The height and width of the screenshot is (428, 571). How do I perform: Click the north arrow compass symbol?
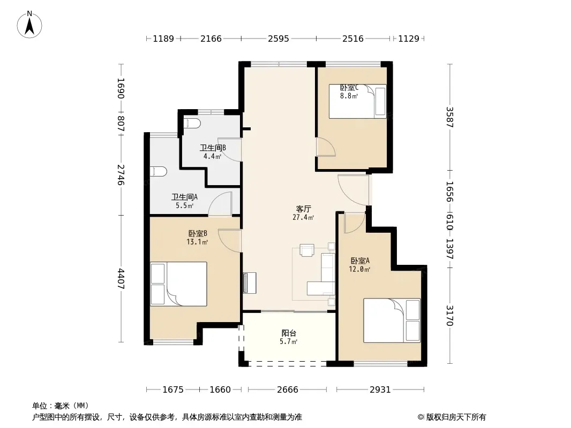tap(29, 25)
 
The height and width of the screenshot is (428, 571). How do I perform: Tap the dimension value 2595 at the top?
tap(279, 39)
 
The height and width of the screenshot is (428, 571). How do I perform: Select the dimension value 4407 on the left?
tap(121, 279)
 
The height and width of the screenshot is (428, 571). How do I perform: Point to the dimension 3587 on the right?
tap(450, 117)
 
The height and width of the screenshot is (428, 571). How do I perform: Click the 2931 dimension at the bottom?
tap(380, 390)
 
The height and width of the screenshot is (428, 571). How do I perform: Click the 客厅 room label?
tap(303, 209)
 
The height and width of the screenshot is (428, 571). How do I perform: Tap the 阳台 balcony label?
tap(289, 333)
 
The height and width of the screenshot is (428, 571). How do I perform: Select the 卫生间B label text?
tap(213, 148)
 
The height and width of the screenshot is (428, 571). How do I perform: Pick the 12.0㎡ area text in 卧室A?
tap(360, 270)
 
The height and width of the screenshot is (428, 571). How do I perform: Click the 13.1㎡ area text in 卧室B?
tap(197, 242)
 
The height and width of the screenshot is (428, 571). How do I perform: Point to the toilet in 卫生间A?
tap(159, 171)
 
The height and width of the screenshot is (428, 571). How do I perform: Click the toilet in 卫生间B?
tap(192, 123)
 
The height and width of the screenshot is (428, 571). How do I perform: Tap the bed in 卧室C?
tap(358, 102)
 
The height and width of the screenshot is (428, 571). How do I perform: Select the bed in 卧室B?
tap(178, 284)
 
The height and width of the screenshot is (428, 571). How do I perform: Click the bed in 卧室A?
tap(392, 320)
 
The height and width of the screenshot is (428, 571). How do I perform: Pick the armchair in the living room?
tap(306, 250)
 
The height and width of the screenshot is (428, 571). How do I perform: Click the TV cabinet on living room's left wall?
tap(250, 283)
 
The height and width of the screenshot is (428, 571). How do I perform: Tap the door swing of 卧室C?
tap(326, 147)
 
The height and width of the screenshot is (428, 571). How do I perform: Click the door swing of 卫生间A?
tap(220, 203)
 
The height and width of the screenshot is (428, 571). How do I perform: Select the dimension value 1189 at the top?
tap(163, 39)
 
